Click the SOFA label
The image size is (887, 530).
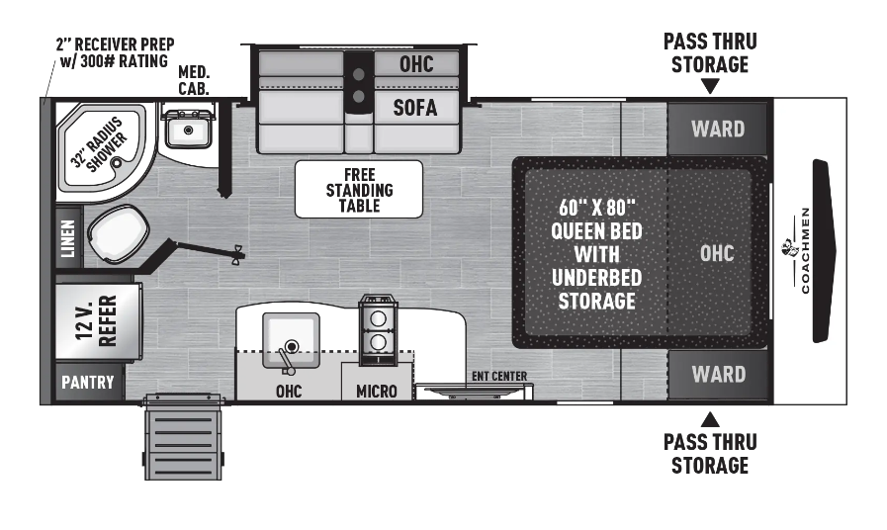pyautogui.click(x=415, y=108)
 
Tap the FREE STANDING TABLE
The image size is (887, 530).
pyautogui.click(x=359, y=189)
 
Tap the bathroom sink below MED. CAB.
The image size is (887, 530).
pyautogui.click(x=186, y=129)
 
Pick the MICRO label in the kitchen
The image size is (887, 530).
pyautogui.click(x=377, y=392)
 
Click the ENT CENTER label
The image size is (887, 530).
pyautogui.click(x=499, y=376)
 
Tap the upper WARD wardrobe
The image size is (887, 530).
pyautogui.click(x=718, y=129)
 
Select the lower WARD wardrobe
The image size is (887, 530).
pyautogui.click(x=718, y=375)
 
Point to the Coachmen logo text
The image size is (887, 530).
pyautogui.click(x=805, y=251)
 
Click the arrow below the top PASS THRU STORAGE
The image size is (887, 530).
pyautogui.click(x=710, y=86)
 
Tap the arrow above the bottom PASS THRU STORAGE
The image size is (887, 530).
pyautogui.click(x=710, y=418)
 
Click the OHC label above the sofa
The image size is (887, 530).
pyautogui.click(x=415, y=64)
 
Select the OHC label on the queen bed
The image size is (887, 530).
pyautogui.click(x=717, y=253)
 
